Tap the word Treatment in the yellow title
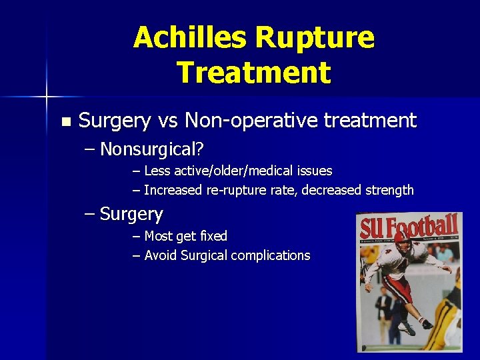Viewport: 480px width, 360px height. tap(253, 72)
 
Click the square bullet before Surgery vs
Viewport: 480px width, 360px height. tap(65, 121)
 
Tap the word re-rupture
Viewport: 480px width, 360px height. tap(233, 190)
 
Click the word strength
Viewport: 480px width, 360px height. tap(389, 190)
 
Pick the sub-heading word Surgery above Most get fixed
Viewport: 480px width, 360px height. tap(131, 214)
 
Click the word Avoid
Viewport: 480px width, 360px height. tap(159, 255)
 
